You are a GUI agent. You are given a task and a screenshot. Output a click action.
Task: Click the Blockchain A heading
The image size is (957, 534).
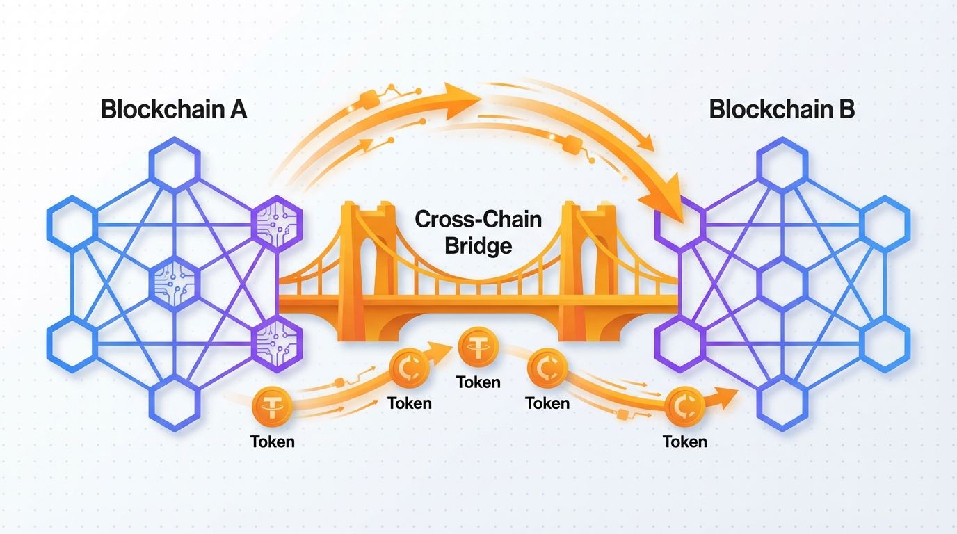point(173,110)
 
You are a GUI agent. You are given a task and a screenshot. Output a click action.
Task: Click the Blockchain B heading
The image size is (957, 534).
point(782,110)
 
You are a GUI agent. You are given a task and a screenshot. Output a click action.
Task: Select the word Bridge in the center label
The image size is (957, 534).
point(478,245)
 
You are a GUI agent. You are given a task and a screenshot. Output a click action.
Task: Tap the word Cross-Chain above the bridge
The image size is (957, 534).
point(478,220)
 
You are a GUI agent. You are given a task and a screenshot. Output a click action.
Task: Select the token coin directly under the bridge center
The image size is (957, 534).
point(478,348)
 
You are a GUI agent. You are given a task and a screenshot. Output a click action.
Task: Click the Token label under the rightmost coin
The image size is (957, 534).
point(685,442)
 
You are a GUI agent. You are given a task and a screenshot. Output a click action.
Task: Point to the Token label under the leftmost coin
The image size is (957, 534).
point(272,442)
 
